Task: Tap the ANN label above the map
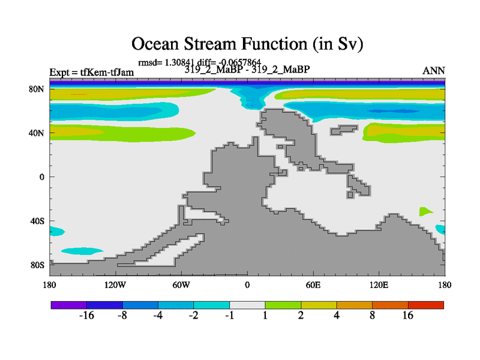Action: click(433, 71)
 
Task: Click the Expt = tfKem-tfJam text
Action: click(92, 73)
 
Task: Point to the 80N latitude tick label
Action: click(37, 89)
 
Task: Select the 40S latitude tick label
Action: click(37, 221)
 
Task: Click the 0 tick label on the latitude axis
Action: click(41, 177)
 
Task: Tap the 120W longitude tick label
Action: click(115, 286)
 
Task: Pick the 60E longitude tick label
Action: click(313, 286)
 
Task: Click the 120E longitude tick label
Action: click(379, 286)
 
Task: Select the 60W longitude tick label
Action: click(181, 286)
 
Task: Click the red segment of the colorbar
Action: click(426, 305)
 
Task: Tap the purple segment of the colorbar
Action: click(69, 305)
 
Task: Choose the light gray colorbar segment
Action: click(247, 305)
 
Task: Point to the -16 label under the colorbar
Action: click(86, 316)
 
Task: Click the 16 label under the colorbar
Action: click(408, 316)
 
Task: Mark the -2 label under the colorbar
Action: click(193, 316)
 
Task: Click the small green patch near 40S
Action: click(425, 212)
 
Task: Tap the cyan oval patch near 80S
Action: click(82, 251)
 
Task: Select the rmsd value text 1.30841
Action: click(179, 62)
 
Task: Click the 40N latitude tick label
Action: click(37, 133)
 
